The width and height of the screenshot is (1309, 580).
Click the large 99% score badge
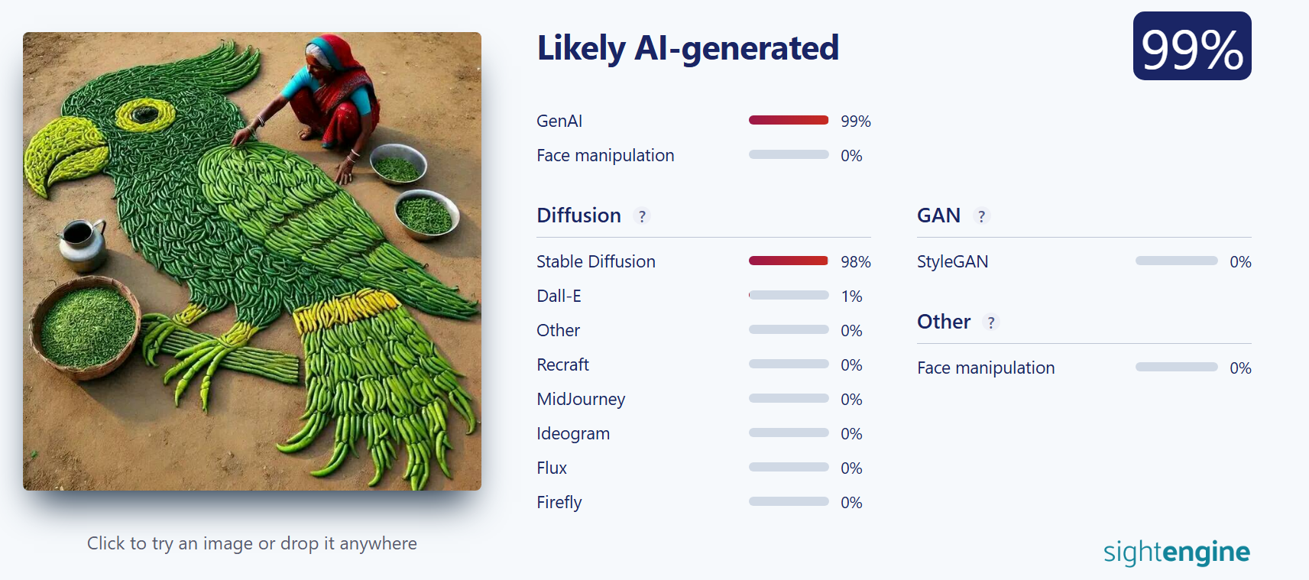click(x=1191, y=46)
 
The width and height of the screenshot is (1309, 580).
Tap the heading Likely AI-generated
click(x=688, y=48)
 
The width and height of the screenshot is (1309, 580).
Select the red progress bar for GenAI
click(x=789, y=120)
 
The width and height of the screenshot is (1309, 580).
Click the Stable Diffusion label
click(x=595, y=261)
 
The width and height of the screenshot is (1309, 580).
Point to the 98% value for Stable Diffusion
click(x=856, y=261)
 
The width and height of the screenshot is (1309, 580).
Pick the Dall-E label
click(x=559, y=296)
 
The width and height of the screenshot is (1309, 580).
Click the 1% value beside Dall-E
click(x=851, y=296)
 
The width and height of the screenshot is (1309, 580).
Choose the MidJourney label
click(x=581, y=399)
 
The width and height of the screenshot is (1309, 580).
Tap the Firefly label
click(x=559, y=502)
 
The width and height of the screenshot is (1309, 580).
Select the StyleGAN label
click(x=953, y=261)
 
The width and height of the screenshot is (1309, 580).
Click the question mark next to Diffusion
click(x=642, y=216)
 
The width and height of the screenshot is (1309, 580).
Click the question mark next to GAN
click(x=981, y=216)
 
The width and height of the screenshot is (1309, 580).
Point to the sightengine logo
click(x=1176, y=552)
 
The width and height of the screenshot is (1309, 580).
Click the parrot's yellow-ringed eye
click(x=145, y=114)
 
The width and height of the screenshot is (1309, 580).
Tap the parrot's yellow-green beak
click(x=63, y=155)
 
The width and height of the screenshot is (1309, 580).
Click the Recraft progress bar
click(x=789, y=364)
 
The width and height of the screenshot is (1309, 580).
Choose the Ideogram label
click(x=572, y=433)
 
